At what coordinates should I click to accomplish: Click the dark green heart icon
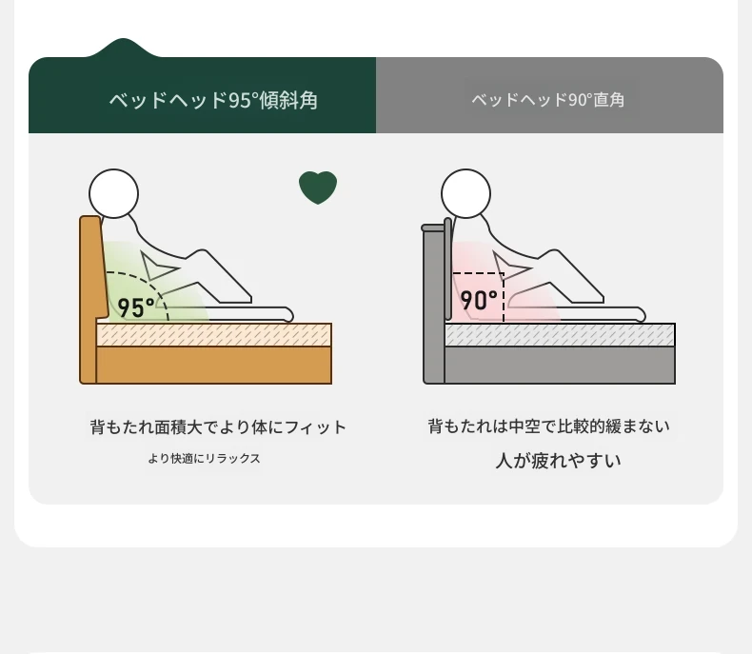coord(318,187)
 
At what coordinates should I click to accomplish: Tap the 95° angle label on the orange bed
coord(136,307)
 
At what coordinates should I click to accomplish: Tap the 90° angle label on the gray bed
coord(479,301)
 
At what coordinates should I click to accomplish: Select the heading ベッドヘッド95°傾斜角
coord(213,100)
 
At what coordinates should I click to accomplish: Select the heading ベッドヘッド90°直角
coord(548,100)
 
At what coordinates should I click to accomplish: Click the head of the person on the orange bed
coord(113,193)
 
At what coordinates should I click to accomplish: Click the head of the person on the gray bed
coord(465,193)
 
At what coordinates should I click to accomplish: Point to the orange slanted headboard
coord(92,268)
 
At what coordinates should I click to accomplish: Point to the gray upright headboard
coord(433,302)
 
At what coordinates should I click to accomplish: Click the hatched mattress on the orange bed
coord(214,335)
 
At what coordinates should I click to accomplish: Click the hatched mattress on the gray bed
coord(560,335)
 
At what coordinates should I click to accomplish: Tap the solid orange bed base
coord(214,365)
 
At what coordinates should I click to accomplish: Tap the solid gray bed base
coord(560,365)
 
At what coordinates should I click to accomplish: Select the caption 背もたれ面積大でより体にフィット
coord(218,426)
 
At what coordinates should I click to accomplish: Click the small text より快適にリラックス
coord(205,459)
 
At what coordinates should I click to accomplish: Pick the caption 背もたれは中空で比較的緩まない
coord(548,426)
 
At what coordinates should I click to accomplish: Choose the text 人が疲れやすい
coord(558,461)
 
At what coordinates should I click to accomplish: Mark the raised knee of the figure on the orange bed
coord(203,252)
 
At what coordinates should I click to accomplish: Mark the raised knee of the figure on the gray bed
coord(554,252)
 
